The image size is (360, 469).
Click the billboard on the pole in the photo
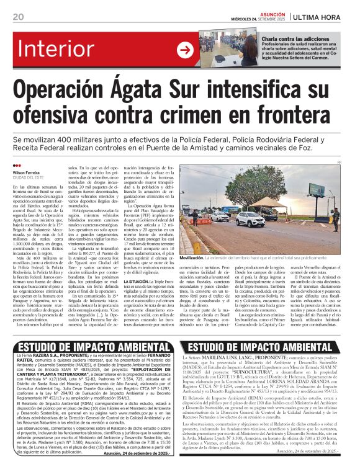317,191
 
